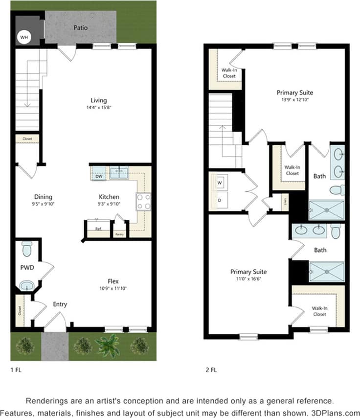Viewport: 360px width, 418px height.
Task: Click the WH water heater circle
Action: (x=23, y=36)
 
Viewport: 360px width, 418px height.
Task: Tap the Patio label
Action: (x=81, y=28)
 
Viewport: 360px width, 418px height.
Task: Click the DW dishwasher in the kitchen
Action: (x=98, y=176)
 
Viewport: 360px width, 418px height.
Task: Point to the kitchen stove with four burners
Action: (x=143, y=202)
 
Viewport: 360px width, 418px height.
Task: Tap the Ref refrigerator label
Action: (x=98, y=229)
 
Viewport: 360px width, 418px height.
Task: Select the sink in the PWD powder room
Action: (x=26, y=284)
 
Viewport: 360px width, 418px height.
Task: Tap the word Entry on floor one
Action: (x=60, y=304)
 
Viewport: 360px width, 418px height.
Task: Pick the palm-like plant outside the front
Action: (x=108, y=346)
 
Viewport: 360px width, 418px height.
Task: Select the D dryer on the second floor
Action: (x=219, y=200)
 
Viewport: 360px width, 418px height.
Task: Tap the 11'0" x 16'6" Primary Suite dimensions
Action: (x=248, y=279)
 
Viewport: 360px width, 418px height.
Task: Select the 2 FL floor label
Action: (x=211, y=371)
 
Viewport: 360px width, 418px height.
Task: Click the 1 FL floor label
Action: (x=16, y=371)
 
